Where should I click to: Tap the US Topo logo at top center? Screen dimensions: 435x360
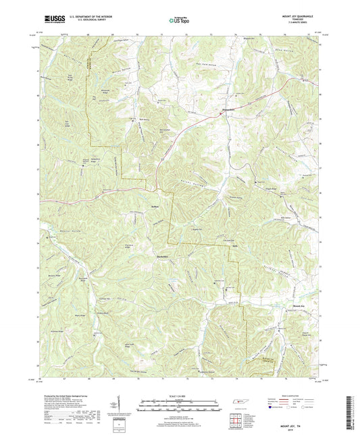[179, 21]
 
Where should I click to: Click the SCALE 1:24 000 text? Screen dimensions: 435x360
[181, 395]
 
